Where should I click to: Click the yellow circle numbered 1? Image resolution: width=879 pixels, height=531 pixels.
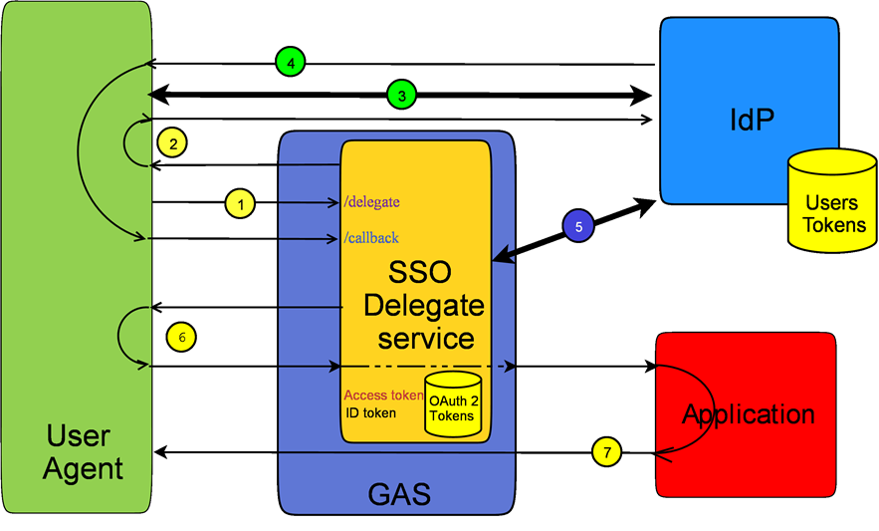240,203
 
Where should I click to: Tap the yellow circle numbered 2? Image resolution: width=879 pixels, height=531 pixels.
173,143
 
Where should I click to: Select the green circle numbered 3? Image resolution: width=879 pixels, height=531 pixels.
401,96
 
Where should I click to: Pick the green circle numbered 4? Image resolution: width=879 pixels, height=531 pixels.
290,63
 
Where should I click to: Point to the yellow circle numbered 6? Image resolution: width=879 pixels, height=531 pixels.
181,337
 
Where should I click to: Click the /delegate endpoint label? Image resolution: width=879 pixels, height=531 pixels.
371,202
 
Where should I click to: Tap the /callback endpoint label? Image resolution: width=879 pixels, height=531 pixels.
370,238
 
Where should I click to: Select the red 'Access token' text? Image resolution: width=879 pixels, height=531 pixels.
383,395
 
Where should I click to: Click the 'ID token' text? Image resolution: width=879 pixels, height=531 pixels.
370,412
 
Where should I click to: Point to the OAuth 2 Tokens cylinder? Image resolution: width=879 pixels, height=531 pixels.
453,406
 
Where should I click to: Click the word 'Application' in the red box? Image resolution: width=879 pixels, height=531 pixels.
748,413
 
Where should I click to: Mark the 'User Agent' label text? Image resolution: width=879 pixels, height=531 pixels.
84,451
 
